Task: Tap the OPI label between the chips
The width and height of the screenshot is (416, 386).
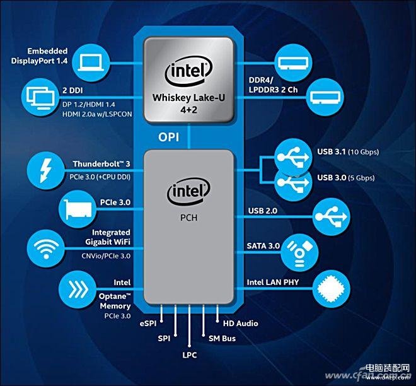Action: (168, 137)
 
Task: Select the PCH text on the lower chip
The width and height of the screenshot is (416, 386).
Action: (188, 218)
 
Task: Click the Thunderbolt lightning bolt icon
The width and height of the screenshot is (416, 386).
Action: (45, 170)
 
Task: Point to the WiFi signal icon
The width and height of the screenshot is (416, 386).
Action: (46, 249)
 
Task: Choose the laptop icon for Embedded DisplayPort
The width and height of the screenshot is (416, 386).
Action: (91, 63)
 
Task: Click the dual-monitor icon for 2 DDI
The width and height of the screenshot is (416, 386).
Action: (40, 98)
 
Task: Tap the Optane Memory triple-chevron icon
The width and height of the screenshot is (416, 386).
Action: (78, 289)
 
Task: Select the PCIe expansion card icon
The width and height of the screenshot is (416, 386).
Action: (78, 209)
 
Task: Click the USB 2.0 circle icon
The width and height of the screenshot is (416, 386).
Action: (332, 217)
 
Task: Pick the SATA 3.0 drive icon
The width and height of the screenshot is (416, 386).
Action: (299, 252)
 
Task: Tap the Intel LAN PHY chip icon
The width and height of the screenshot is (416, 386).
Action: (332, 289)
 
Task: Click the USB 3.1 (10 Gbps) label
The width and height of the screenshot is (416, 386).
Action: (348, 152)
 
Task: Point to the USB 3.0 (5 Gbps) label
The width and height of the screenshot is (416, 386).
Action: (346, 178)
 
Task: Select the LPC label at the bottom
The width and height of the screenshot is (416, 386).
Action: (190, 355)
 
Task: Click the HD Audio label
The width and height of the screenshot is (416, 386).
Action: (240, 324)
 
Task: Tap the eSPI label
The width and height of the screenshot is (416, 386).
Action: (147, 324)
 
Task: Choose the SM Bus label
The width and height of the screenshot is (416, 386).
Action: (222, 339)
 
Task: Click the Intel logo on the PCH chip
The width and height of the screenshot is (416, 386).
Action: (188, 191)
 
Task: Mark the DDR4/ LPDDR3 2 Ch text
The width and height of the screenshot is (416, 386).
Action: (273, 85)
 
